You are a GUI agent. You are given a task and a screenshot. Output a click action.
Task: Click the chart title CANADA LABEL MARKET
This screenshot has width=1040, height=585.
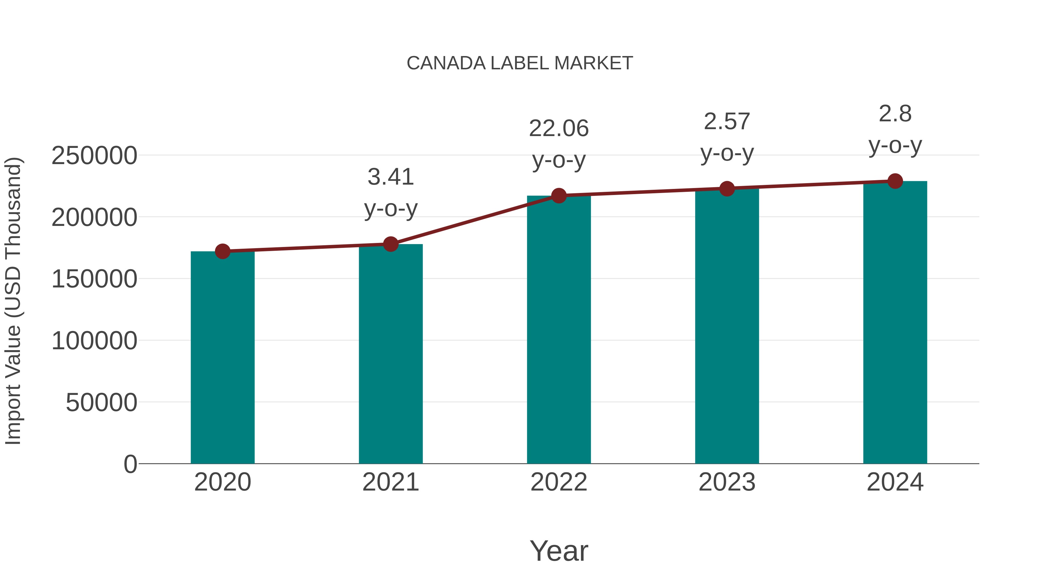tap(520, 63)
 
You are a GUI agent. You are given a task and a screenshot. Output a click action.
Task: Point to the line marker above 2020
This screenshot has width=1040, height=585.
tap(222, 252)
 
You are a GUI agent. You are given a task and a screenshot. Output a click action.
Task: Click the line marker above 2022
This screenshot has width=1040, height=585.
tap(559, 196)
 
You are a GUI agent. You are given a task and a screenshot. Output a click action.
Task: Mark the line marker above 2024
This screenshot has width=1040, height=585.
tap(895, 181)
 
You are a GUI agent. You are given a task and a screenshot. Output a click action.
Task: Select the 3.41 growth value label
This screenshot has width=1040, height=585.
tap(390, 177)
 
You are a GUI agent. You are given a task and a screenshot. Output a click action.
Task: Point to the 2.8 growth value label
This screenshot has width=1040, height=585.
tap(895, 114)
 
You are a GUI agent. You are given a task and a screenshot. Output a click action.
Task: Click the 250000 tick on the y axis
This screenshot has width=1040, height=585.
tap(94, 155)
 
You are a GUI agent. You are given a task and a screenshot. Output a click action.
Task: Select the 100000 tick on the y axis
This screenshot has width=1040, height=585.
tap(94, 341)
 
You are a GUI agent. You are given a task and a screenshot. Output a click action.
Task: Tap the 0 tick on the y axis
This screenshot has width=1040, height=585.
tap(130, 464)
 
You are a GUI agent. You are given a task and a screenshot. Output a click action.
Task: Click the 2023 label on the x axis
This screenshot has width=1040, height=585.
tap(727, 482)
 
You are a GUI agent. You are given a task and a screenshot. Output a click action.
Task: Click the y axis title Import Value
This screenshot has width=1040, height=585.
tap(13, 301)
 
